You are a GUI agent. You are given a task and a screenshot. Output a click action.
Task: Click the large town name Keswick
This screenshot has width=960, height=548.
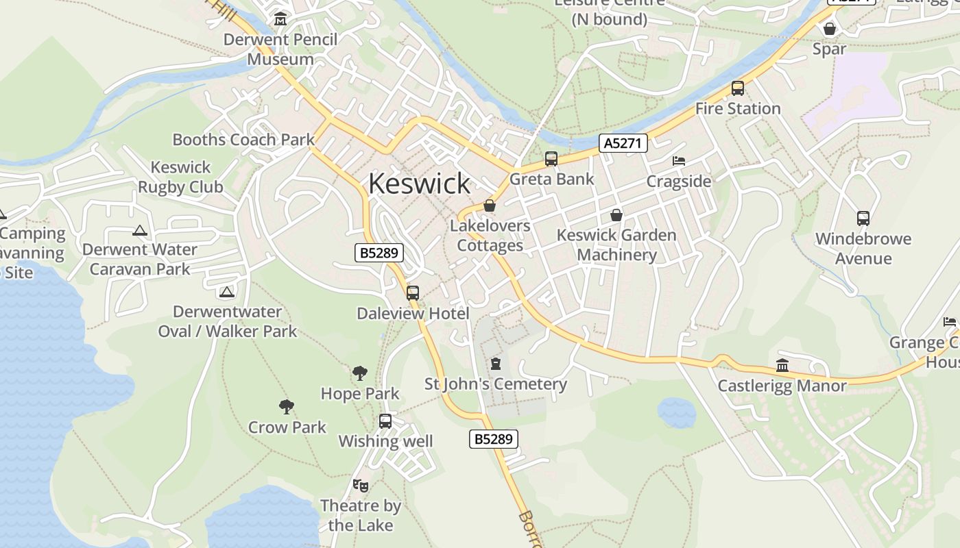pyautogui.click(x=419, y=184)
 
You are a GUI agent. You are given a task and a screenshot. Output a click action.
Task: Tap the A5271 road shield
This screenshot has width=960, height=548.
pyautogui.click(x=623, y=143)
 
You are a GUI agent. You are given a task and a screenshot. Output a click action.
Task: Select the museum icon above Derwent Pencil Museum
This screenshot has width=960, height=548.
pyautogui.click(x=280, y=19)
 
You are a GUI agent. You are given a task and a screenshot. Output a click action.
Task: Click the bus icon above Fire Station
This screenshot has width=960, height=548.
pyautogui.click(x=738, y=88)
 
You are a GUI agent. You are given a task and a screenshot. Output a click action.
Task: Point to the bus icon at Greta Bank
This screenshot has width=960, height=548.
pyautogui.click(x=551, y=159)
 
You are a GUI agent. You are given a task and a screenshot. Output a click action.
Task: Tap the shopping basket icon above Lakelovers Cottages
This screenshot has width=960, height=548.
pyautogui.click(x=490, y=206)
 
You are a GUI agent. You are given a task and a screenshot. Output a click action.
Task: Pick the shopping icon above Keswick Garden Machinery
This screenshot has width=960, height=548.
pyautogui.click(x=616, y=215)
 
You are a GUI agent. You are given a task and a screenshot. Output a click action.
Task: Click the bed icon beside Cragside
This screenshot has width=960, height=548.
pyautogui.click(x=679, y=161)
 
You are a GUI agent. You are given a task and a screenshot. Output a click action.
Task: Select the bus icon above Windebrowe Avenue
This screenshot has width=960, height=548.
pyautogui.click(x=863, y=219)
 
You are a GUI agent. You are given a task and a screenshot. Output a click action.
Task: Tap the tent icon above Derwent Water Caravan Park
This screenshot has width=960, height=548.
pyautogui.click(x=140, y=231)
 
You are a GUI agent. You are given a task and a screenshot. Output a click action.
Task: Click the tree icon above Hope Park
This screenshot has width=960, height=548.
pyautogui.click(x=360, y=373)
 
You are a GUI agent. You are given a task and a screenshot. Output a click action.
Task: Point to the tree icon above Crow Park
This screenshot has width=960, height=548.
pyautogui.click(x=287, y=407)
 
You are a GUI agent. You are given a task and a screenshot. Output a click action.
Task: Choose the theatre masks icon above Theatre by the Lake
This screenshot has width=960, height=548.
pyautogui.click(x=361, y=486)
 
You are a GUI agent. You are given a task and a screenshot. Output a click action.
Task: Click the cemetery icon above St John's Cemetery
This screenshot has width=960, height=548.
pyautogui.click(x=496, y=364)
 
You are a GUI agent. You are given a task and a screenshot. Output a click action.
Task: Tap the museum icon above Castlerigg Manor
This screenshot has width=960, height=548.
pyautogui.click(x=782, y=365)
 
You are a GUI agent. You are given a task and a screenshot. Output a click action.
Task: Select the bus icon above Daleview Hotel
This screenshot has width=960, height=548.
pyautogui.click(x=413, y=293)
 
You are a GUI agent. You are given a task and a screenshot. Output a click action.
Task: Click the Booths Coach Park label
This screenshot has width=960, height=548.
pyautogui.click(x=243, y=140)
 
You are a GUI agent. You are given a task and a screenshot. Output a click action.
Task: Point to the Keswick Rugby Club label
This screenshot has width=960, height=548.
pyautogui.click(x=180, y=177)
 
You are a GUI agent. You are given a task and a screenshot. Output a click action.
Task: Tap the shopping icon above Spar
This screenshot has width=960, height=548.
pyautogui.click(x=830, y=29)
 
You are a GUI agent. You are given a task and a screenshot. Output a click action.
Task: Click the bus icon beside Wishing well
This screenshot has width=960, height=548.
pyautogui.click(x=385, y=421)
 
